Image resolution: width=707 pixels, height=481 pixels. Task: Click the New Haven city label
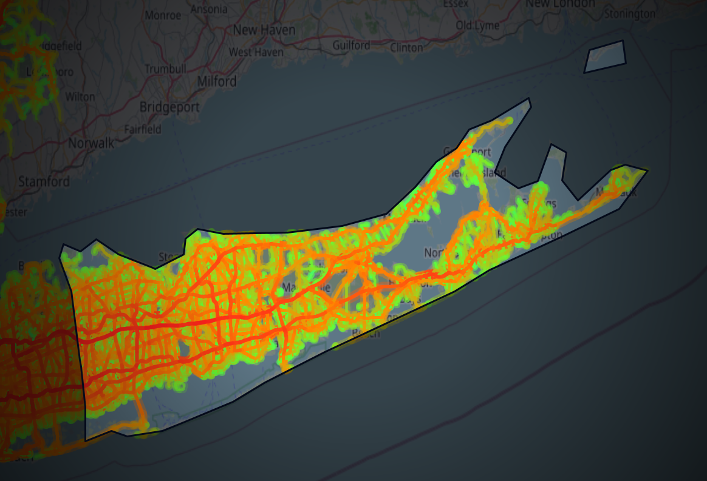(264, 30)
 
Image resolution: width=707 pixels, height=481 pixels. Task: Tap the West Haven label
(256, 52)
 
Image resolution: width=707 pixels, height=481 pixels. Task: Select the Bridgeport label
(169, 107)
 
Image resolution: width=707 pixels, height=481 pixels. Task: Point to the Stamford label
(44, 181)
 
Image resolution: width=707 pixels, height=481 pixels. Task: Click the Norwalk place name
(91, 144)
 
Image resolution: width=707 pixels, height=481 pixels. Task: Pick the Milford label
(217, 81)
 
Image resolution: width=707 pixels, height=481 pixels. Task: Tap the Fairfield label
(143, 129)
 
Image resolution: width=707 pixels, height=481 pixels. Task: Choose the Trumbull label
(166, 69)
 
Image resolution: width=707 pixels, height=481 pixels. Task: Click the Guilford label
(351, 45)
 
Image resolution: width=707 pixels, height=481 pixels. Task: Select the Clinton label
(406, 47)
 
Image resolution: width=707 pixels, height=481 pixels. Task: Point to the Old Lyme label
(477, 25)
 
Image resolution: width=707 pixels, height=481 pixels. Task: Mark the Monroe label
(163, 14)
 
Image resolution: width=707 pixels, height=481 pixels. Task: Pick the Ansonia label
(209, 10)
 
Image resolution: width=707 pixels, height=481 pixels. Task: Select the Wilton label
(80, 96)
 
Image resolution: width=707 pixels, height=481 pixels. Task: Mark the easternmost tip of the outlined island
(647, 171)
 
